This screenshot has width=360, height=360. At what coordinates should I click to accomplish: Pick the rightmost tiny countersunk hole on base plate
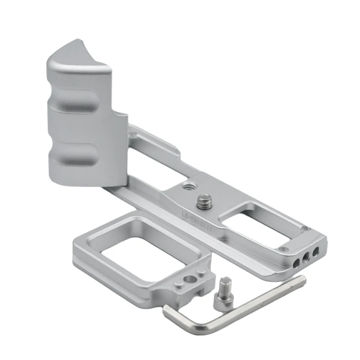pyautogui.click(x=306, y=229)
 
